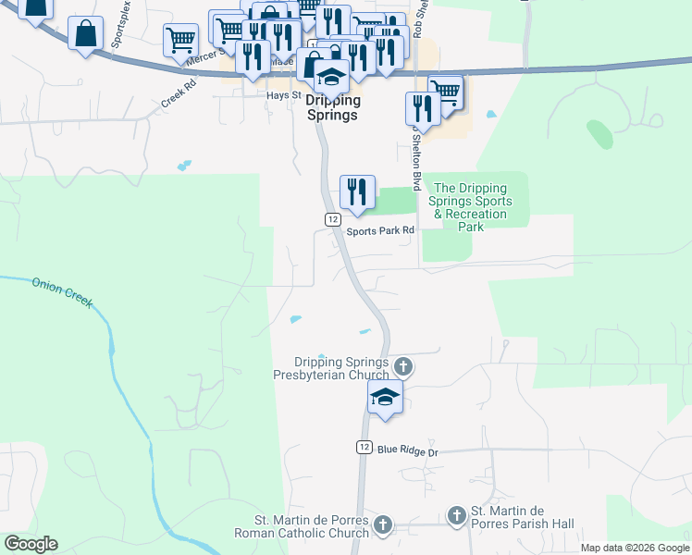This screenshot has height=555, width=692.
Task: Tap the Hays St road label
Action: [284, 95]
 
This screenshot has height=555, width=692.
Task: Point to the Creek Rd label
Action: [179, 94]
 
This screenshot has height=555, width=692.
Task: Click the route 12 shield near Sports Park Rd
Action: [333, 217]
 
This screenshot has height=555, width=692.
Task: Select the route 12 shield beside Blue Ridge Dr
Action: [364, 447]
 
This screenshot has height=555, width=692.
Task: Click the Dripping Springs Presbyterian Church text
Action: [340, 368]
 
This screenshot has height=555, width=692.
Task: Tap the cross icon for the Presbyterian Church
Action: [402, 367]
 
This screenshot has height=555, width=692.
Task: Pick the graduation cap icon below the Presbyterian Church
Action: [385, 399]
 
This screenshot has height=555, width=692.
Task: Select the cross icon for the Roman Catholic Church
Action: [383, 526]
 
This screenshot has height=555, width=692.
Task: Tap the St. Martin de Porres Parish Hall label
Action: [523, 517]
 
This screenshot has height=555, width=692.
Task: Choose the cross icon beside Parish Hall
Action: [456, 516]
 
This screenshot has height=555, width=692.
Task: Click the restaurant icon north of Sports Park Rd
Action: [357, 191]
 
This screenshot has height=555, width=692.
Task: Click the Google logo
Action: [31, 544]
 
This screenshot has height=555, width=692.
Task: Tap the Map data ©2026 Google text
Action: [635, 548]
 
